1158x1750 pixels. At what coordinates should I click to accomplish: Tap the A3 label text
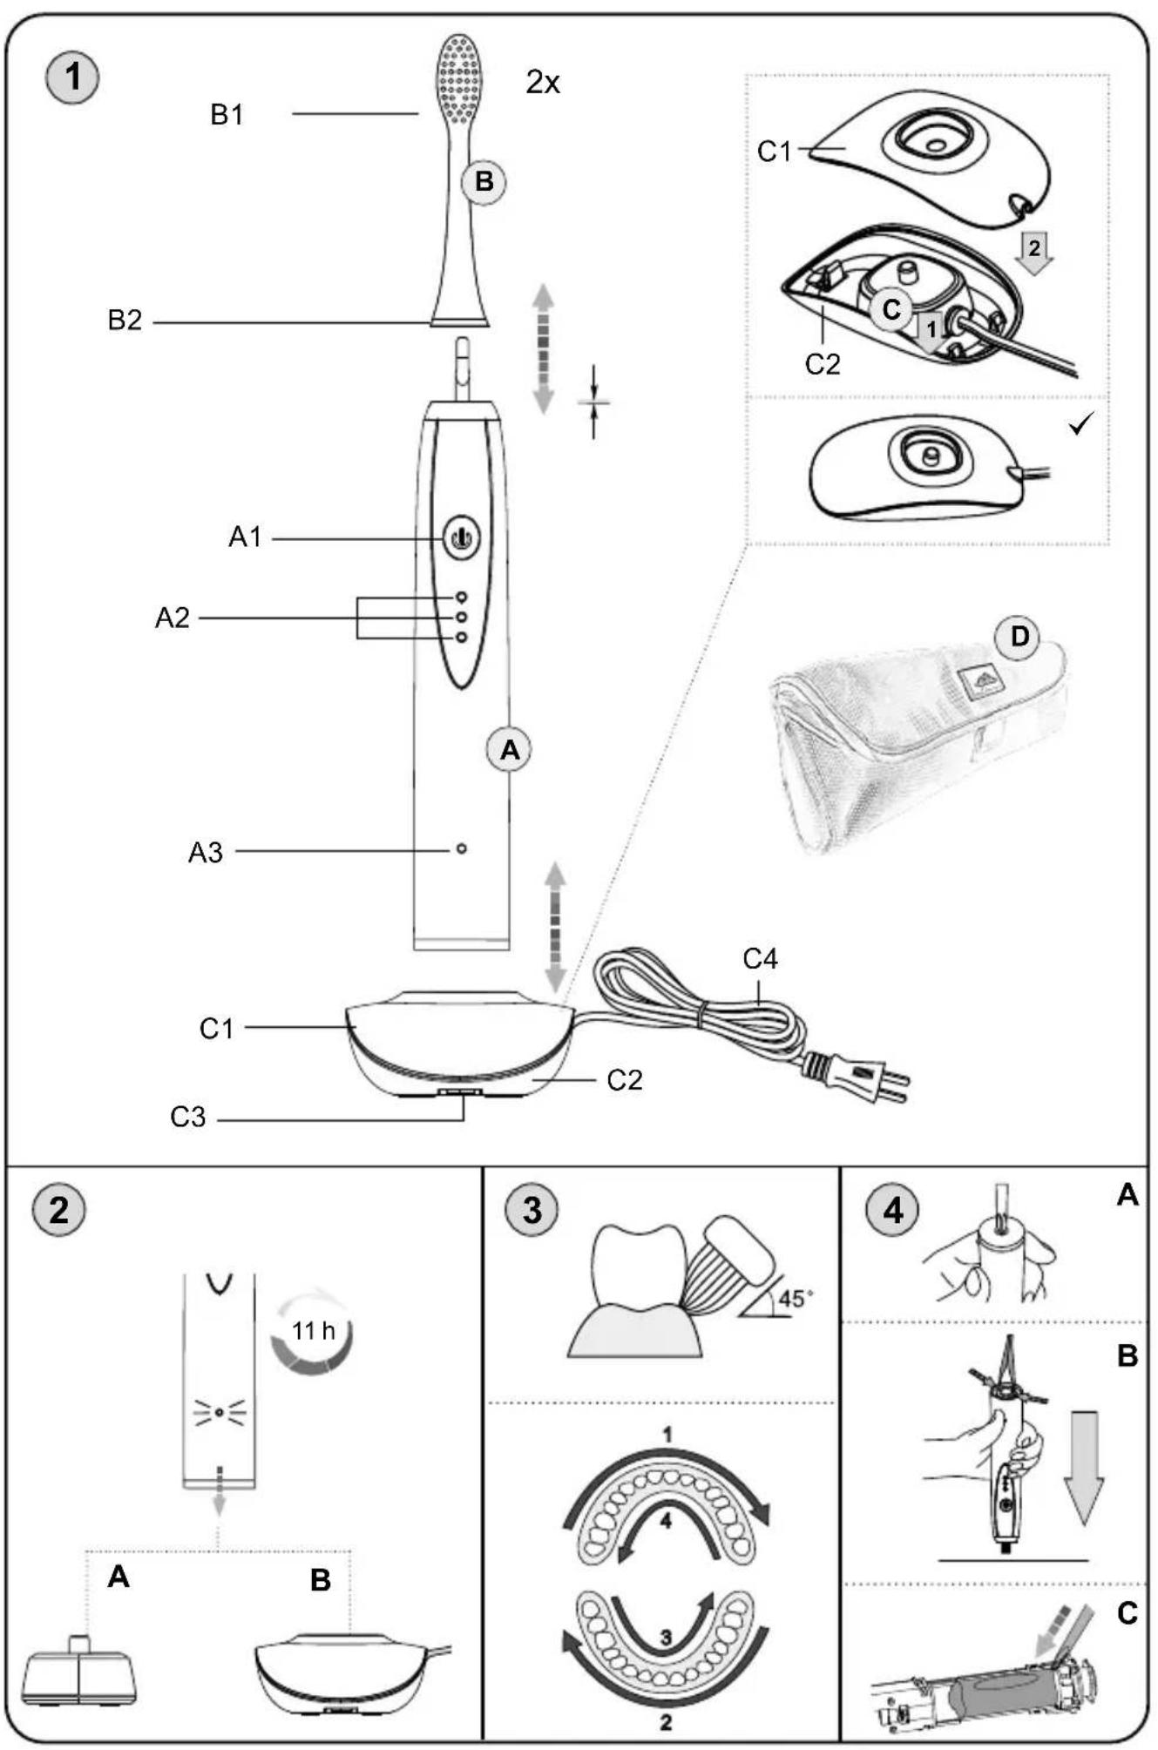(206, 853)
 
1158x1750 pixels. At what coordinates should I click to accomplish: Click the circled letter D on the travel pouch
(1019, 637)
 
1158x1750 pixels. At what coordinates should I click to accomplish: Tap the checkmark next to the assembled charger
(1080, 426)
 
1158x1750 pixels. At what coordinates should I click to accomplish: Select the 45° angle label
(796, 1299)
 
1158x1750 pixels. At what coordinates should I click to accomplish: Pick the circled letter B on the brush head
(484, 182)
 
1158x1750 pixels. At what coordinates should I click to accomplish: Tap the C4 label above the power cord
(760, 959)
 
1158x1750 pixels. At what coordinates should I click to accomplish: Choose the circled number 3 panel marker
(532, 1211)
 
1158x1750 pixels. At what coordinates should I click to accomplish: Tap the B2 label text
(125, 321)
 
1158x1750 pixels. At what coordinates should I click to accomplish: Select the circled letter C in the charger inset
(891, 308)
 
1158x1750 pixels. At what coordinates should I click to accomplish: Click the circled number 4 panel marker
(892, 1211)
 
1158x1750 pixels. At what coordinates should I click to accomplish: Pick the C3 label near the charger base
(187, 1116)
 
